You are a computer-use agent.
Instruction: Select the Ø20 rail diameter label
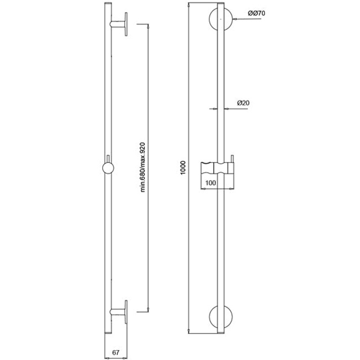245,103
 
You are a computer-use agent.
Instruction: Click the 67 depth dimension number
116,352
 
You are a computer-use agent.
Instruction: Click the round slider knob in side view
108,169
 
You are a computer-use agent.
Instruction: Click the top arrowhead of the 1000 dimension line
189,6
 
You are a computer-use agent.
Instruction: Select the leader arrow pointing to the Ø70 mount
236,20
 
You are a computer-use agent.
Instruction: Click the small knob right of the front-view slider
232,166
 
